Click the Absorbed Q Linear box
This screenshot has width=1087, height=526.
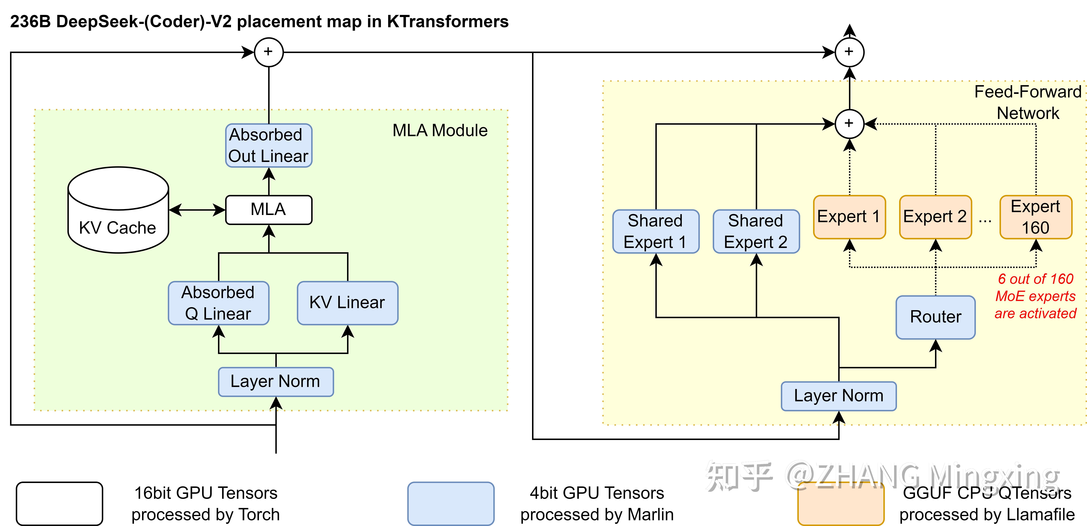(218, 303)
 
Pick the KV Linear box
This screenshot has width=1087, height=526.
(347, 303)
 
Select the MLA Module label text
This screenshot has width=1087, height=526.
(440, 131)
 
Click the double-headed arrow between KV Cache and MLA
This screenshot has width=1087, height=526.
(197, 210)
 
